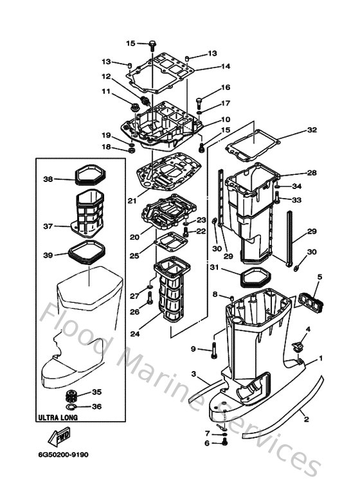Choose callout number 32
[312, 130]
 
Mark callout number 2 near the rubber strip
[306, 419]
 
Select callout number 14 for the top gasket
[226, 66]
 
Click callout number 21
[131, 201]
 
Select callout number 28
[312, 173]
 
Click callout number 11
[106, 91]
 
